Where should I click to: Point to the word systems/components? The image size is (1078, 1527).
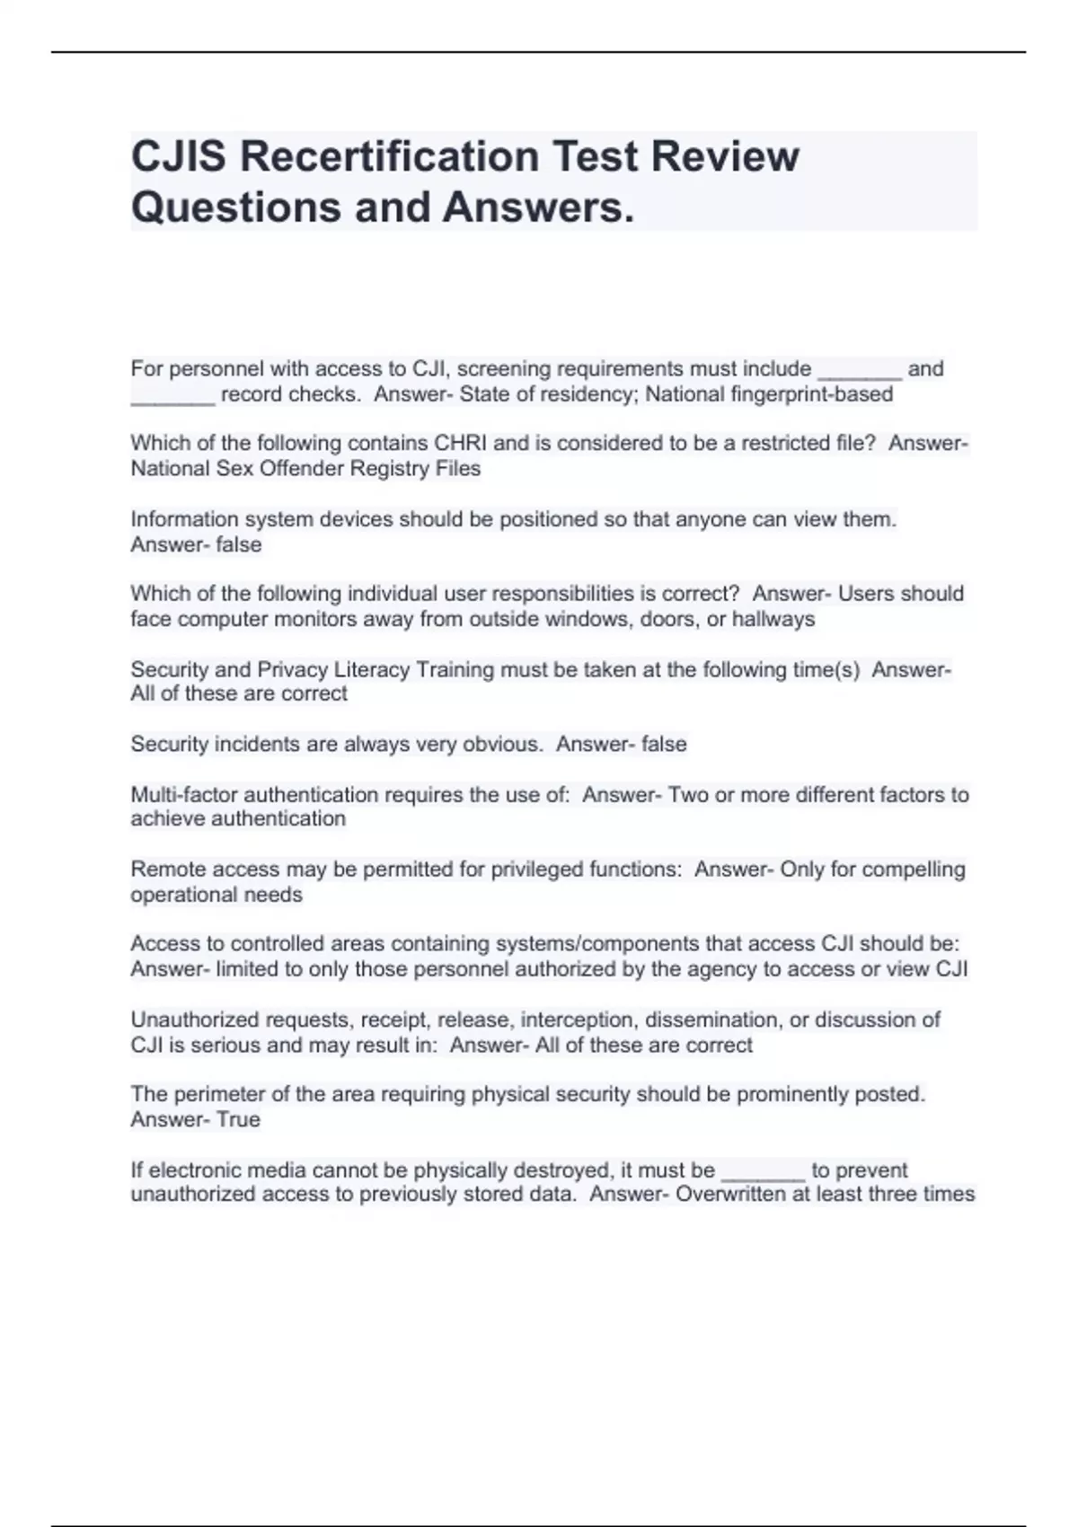(596, 944)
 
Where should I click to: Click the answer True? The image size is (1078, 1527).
(238, 1120)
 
